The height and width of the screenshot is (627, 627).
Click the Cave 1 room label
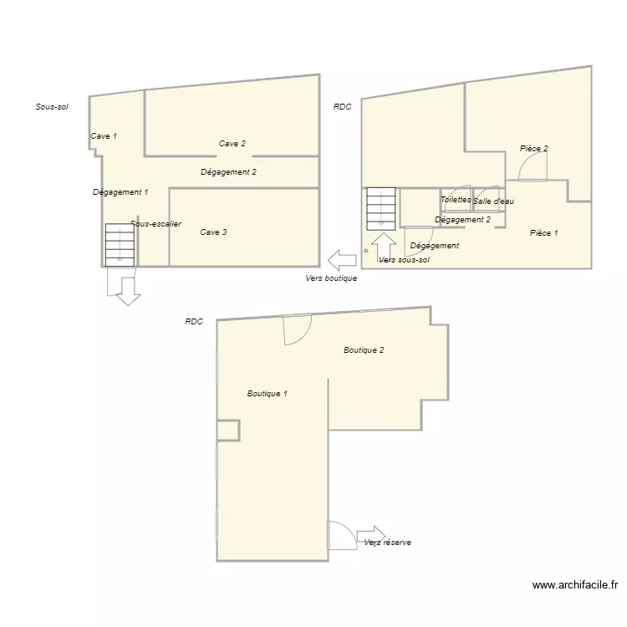(104, 135)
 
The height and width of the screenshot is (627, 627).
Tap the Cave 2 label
(232, 144)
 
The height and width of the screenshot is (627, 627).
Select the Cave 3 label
(213, 232)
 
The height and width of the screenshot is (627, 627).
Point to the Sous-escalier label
(156, 224)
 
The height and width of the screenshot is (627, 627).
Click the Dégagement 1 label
(120, 192)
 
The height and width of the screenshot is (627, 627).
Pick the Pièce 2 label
(534, 149)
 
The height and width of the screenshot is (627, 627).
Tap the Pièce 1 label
(544, 233)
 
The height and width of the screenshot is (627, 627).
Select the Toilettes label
(456, 200)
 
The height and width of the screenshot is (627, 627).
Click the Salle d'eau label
(493, 201)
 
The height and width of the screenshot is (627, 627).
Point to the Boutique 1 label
(268, 394)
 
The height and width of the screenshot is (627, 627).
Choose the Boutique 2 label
(364, 350)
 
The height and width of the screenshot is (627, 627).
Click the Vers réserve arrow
(371, 534)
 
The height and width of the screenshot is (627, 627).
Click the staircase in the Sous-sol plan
(120, 244)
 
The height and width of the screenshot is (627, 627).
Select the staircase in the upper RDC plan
(381, 208)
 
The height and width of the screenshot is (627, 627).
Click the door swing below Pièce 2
(532, 169)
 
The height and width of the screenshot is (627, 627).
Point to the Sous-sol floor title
(52, 107)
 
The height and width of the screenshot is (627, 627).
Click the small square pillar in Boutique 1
(228, 431)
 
